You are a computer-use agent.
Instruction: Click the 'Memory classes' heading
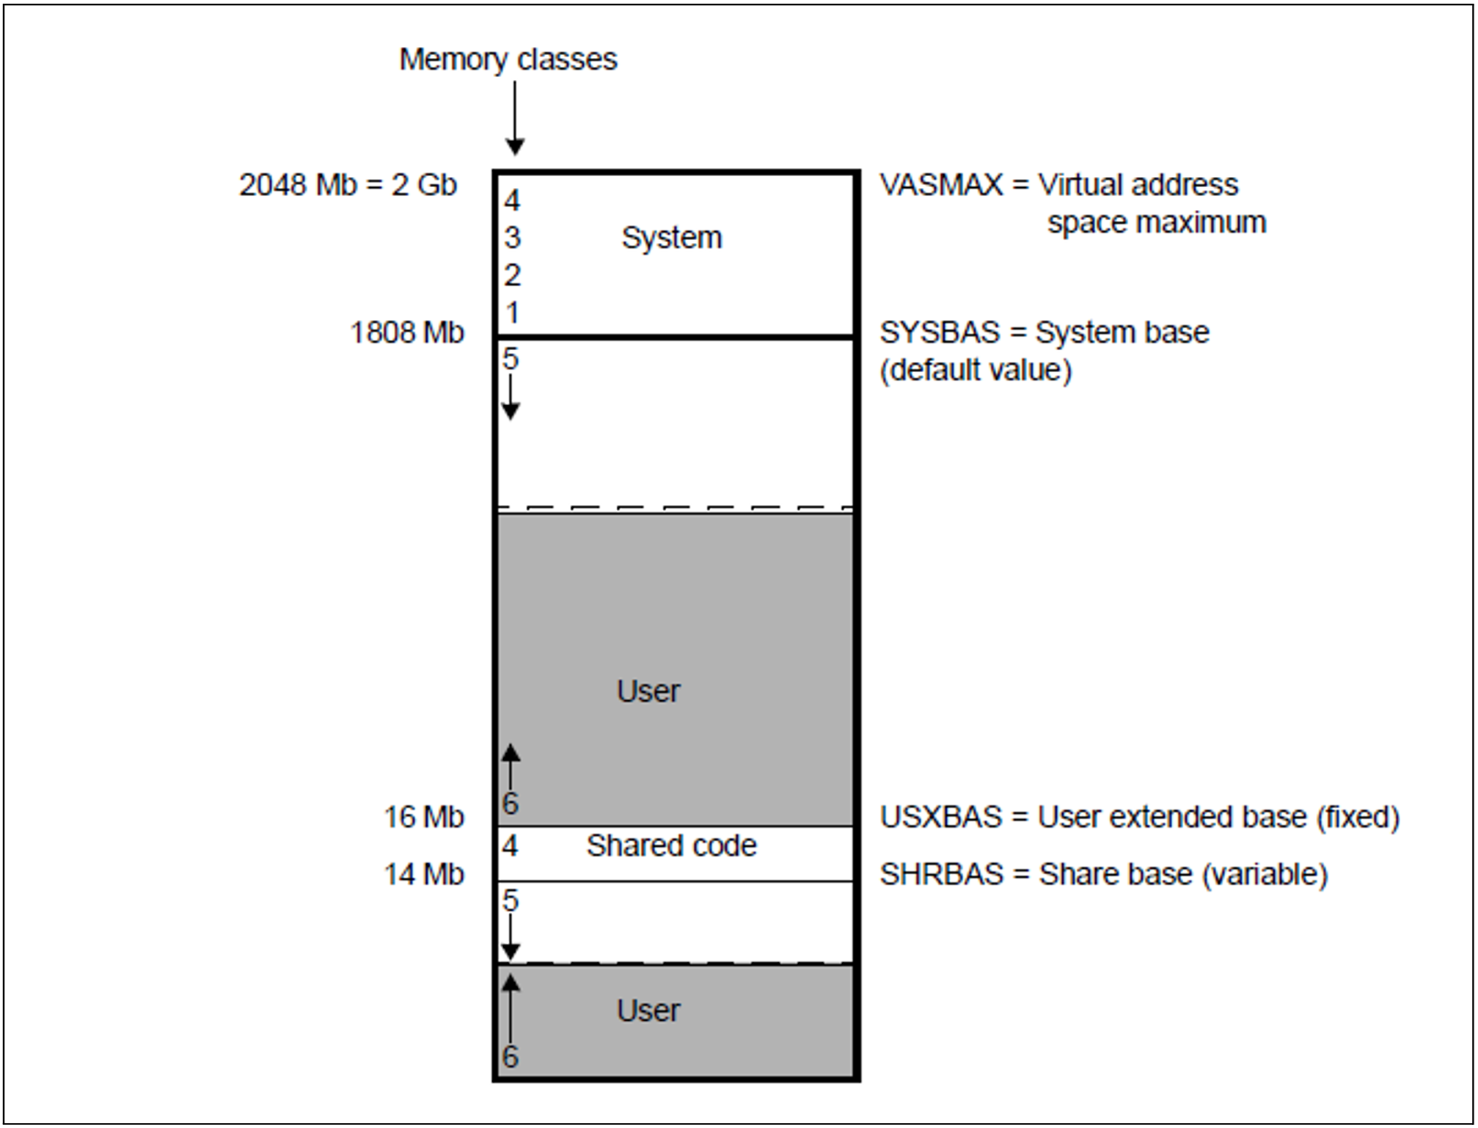(508, 59)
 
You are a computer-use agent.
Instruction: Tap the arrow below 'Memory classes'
(515, 118)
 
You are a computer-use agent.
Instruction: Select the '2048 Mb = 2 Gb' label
(348, 185)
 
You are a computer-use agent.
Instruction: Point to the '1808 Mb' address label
(407, 333)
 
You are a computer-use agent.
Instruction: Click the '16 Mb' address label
(424, 817)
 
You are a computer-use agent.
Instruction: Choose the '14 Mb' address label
(424, 874)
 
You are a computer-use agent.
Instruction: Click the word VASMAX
(940, 185)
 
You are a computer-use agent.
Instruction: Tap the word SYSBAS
(940, 333)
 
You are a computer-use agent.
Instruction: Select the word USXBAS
(941, 817)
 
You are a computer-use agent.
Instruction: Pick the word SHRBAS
(941, 874)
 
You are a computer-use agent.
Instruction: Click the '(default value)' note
(976, 371)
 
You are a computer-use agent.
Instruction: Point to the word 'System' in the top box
(671, 238)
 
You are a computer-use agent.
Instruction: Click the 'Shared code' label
(671, 846)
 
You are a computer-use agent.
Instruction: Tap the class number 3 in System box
(512, 238)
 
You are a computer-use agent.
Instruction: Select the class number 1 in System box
(512, 313)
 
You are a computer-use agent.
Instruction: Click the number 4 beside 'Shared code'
(511, 846)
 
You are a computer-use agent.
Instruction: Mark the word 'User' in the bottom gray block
(648, 1011)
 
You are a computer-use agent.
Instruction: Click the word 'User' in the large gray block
(648, 691)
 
